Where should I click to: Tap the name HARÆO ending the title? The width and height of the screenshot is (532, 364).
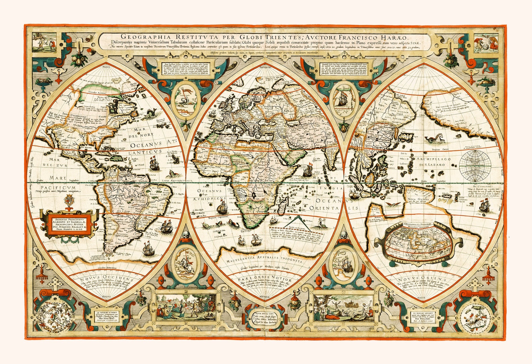[x=396, y=37]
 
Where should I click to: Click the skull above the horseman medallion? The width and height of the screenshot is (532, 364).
[x=188, y=236]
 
